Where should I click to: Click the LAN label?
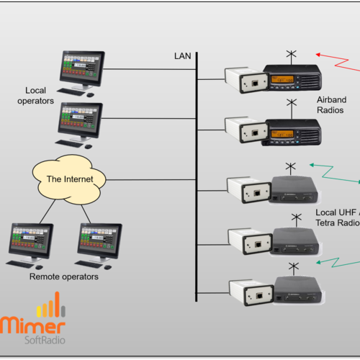point(182,55)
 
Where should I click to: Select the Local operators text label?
point(40,95)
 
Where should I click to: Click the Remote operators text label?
point(63,276)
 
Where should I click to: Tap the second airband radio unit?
point(292,130)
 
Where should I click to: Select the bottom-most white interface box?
point(249,294)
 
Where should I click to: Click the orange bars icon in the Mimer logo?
point(52,307)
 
